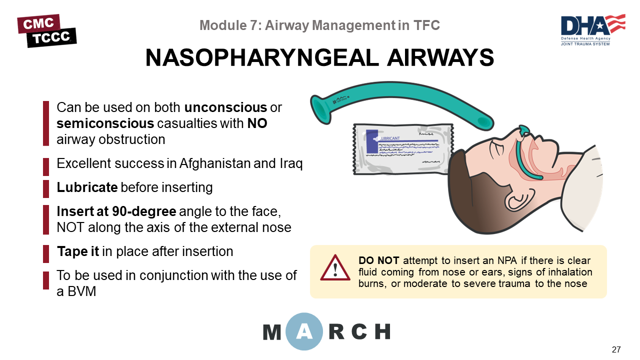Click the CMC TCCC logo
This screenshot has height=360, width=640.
click(x=47, y=30)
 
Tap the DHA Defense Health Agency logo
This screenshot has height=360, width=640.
click(x=593, y=29)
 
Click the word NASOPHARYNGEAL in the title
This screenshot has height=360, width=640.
click(x=262, y=57)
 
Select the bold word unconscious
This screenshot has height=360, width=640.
click(x=225, y=107)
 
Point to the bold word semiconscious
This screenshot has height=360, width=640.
click(x=105, y=123)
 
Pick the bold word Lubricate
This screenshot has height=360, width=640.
click(x=87, y=187)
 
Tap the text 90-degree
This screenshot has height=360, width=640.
click(x=144, y=211)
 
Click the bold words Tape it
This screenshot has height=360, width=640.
click(x=77, y=251)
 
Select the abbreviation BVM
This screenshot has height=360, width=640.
click(x=81, y=291)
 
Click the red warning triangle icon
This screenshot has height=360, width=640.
click(x=335, y=267)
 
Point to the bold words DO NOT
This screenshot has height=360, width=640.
click(x=378, y=260)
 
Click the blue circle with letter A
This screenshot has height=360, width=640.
click(x=304, y=331)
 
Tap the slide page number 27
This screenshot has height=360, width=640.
click(x=616, y=349)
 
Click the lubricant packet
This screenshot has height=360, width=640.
click(x=403, y=149)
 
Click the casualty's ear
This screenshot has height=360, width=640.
click(x=519, y=199)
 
